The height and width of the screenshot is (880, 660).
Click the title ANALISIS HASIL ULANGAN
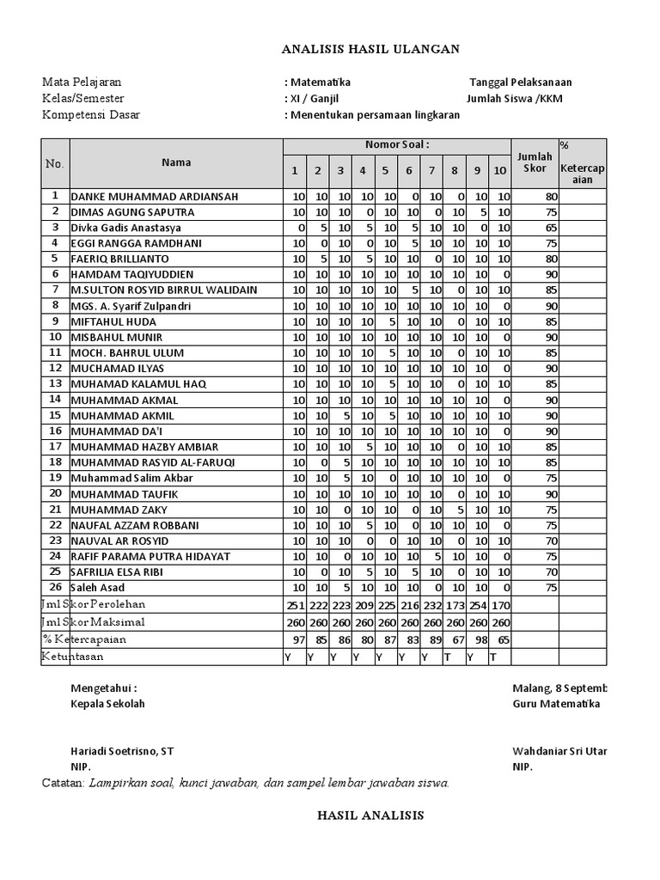(370, 50)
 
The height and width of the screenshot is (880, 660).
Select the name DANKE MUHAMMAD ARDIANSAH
(155, 197)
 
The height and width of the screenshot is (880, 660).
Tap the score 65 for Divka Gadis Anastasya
(551, 228)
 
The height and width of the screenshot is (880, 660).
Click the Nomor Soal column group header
(397, 145)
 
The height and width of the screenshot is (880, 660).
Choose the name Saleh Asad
(100, 587)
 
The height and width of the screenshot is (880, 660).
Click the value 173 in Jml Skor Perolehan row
(454, 605)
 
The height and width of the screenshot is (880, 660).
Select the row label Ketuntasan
(73, 657)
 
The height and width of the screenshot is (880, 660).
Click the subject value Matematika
(320, 82)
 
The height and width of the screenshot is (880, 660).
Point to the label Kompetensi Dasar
(91, 115)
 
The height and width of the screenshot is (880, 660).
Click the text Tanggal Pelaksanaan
(520, 82)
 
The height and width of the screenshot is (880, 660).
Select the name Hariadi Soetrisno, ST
(122, 750)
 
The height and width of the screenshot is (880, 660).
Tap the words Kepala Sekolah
(107, 704)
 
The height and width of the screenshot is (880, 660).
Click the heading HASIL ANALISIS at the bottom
(370, 816)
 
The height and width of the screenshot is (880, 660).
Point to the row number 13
(55, 383)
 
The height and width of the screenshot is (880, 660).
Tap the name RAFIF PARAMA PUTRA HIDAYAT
(150, 556)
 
